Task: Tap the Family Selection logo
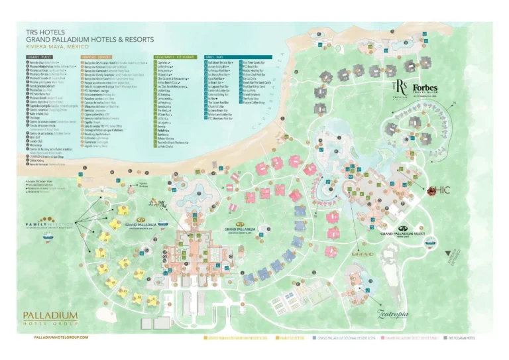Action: coord(47,226)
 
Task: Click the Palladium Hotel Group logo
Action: coord(50,318)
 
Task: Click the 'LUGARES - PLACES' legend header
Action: coord(42,58)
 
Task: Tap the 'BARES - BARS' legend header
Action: coord(214,58)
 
